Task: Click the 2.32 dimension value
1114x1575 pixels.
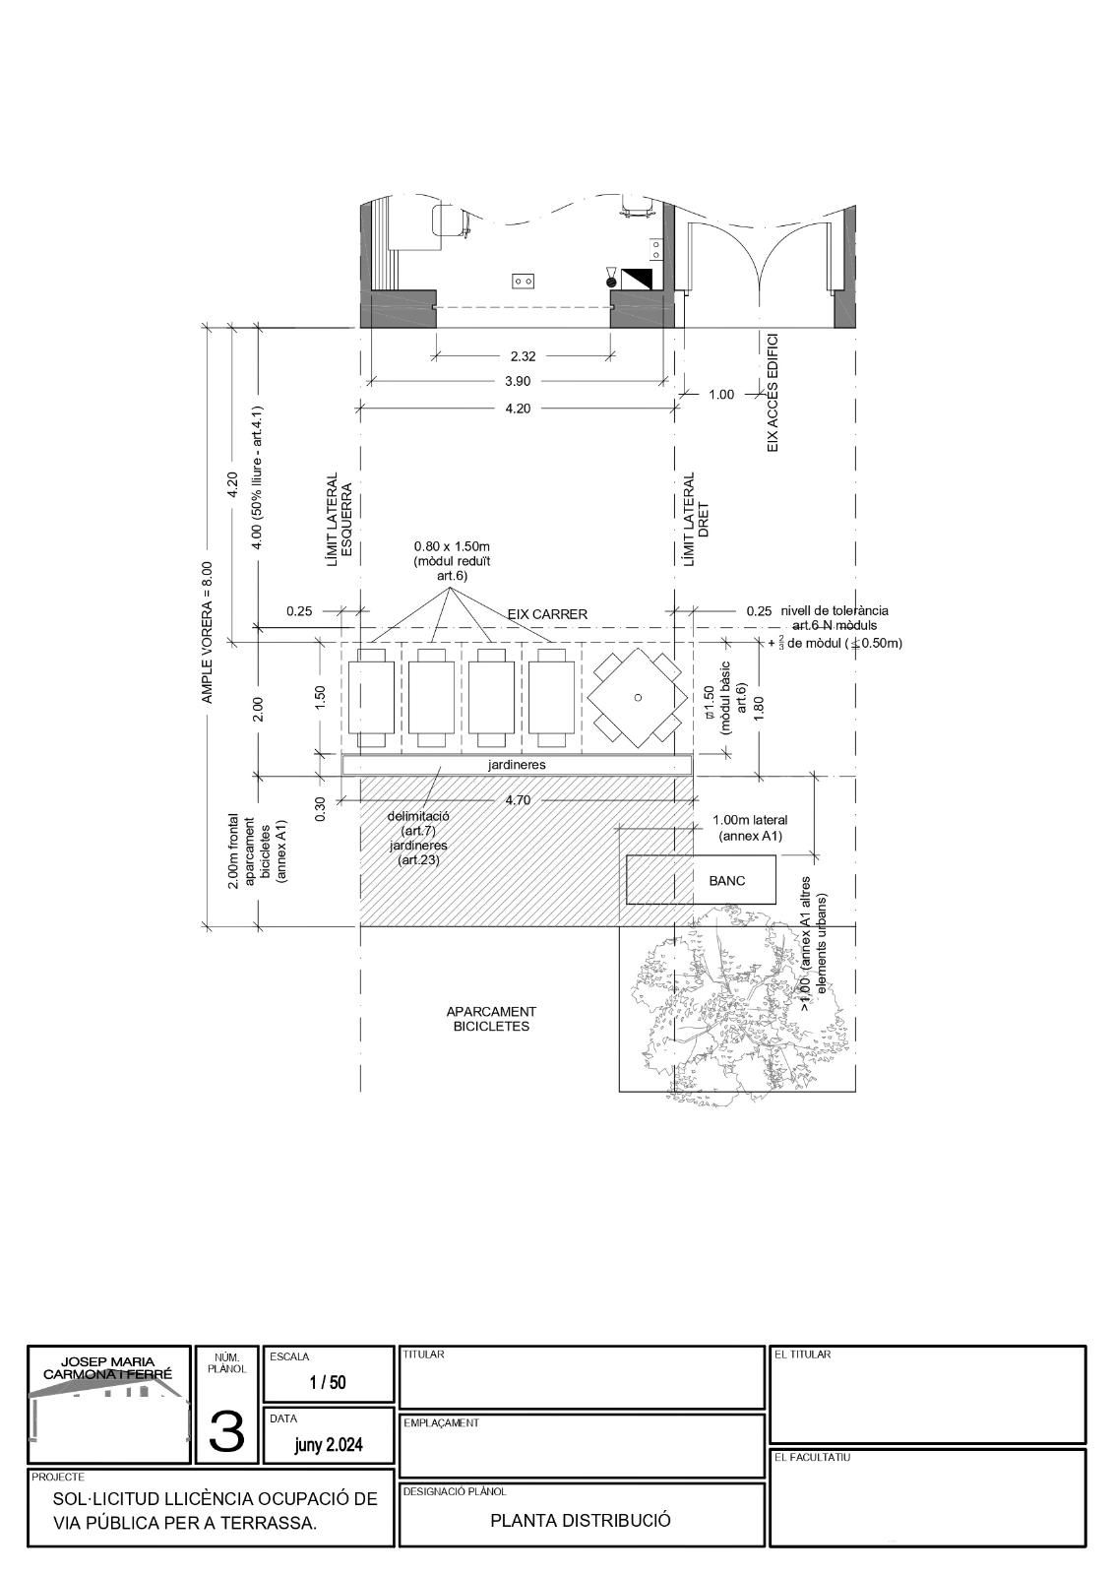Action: point(523,355)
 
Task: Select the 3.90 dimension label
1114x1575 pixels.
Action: point(518,381)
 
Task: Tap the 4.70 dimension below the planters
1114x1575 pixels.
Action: point(518,800)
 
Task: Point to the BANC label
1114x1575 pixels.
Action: point(726,880)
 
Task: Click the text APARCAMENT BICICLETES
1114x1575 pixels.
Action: point(491,1019)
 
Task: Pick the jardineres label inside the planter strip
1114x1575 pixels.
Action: point(517,765)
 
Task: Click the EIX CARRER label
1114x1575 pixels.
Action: point(547,614)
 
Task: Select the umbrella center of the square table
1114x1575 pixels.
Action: point(638,698)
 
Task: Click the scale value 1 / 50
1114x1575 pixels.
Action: point(329,1382)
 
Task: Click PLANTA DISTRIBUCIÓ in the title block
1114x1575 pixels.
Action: point(581,1520)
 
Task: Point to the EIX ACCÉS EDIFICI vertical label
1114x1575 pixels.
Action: point(773,393)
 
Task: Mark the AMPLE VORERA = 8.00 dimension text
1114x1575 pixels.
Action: point(207,632)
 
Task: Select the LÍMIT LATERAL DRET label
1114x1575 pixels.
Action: point(696,519)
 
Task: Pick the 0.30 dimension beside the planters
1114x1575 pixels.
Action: point(321,808)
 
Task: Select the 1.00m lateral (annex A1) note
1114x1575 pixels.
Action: point(750,828)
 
